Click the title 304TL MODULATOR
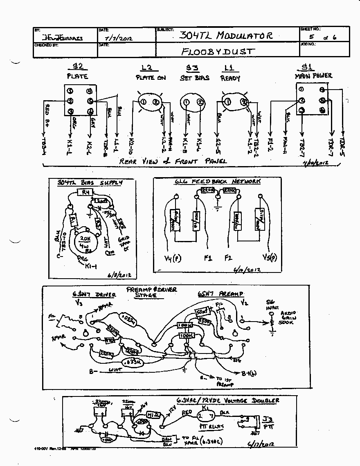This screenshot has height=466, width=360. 226,36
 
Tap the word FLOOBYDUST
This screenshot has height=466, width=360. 218,52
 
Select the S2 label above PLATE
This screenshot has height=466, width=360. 77,67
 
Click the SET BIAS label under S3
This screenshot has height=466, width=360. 195,78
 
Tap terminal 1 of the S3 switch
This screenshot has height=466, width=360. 186,102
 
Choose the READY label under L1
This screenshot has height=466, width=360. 230,78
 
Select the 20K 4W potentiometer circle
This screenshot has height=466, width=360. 85,242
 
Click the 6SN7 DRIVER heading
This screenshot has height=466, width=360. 94,294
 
